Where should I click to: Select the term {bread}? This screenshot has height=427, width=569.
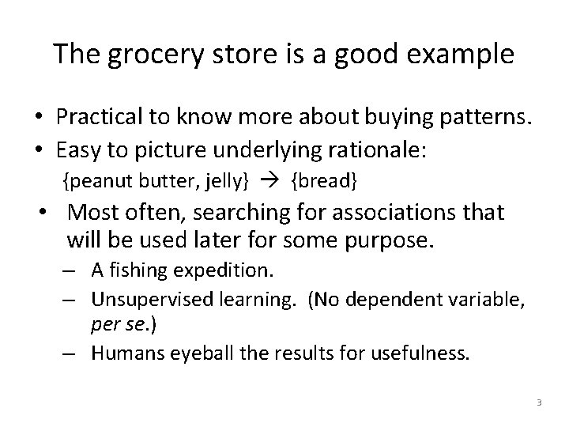(325, 182)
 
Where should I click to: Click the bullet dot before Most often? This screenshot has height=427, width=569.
(50, 212)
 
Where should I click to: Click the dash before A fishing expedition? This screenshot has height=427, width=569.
(70, 271)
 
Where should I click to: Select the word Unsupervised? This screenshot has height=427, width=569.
(150, 299)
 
